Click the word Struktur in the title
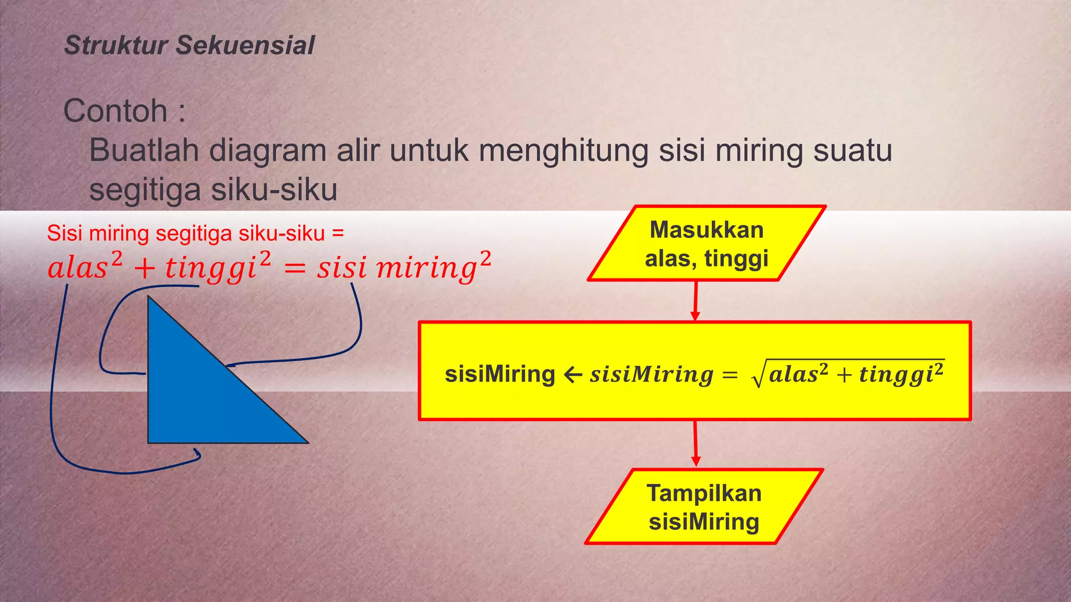tap(116, 45)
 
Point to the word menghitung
tap(564, 152)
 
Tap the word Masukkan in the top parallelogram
tap(707, 230)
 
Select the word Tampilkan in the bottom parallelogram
tap(704, 493)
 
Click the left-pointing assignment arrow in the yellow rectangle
tap(573, 375)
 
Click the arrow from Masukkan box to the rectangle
tap(696, 301)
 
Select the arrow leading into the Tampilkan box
tap(696, 444)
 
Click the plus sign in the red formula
tap(144, 269)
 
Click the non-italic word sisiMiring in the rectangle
tap(500, 375)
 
